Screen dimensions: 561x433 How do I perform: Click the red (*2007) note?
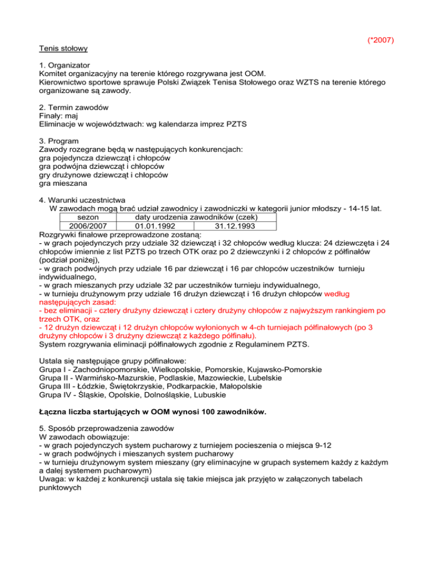click(379, 41)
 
